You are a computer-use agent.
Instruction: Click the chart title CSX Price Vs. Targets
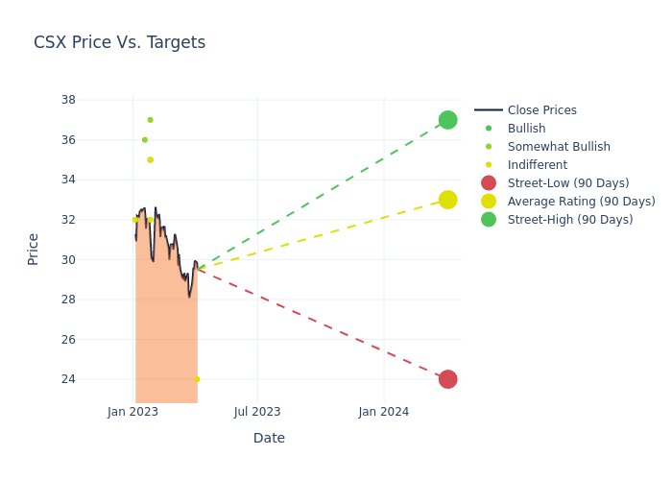click(119, 42)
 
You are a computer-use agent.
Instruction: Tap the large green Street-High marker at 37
click(447, 120)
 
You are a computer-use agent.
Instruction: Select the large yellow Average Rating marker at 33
click(447, 200)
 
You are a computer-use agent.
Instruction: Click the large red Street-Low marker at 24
click(447, 379)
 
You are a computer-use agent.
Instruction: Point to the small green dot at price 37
click(150, 120)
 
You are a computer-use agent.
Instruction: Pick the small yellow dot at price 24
click(197, 379)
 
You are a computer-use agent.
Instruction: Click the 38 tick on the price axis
click(68, 100)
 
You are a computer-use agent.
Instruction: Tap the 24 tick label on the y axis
click(68, 379)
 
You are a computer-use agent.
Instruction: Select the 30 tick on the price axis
click(68, 259)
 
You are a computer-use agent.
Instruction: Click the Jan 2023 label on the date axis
click(132, 412)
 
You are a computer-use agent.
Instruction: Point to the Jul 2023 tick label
click(257, 412)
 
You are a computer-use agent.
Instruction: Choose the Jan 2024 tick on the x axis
click(384, 412)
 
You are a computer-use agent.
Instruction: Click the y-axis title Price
click(34, 249)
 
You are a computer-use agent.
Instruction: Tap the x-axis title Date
click(269, 438)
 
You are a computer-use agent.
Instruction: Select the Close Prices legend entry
click(541, 110)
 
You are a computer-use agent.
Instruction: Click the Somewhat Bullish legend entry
click(559, 147)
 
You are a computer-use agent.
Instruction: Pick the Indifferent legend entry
click(537, 165)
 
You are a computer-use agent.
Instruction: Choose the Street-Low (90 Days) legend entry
click(568, 183)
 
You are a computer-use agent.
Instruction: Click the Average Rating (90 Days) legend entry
click(581, 202)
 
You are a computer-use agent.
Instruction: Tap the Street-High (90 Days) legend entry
click(570, 220)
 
